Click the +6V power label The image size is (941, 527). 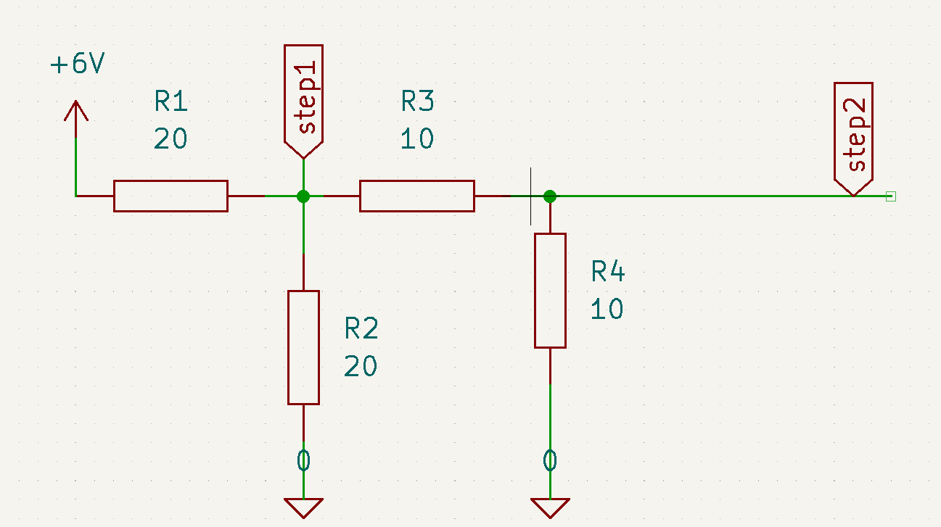point(78,63)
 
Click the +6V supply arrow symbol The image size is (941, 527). point(76,118)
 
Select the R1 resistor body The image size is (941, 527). point(170,196)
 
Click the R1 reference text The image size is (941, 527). point(170,101)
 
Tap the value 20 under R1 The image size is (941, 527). point(170,138)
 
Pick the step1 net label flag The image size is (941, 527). point(303,101)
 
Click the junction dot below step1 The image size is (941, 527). point(303,196)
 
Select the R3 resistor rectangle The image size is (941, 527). point(417,196)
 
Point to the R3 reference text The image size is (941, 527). point(417,101)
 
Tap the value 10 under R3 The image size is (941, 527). point(417,138)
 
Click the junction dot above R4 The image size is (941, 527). point(550,196)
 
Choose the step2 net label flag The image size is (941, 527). point(854,139)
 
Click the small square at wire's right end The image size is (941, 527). point(891,196)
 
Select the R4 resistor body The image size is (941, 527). point(551,291)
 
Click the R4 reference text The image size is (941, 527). point(608,271)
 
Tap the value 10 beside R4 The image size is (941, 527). point(607,310)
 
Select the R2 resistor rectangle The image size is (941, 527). point(304,347)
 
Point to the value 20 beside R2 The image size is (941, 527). point(361,366)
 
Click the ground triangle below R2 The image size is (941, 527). point(304,507)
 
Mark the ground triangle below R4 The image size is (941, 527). point(551,507)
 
